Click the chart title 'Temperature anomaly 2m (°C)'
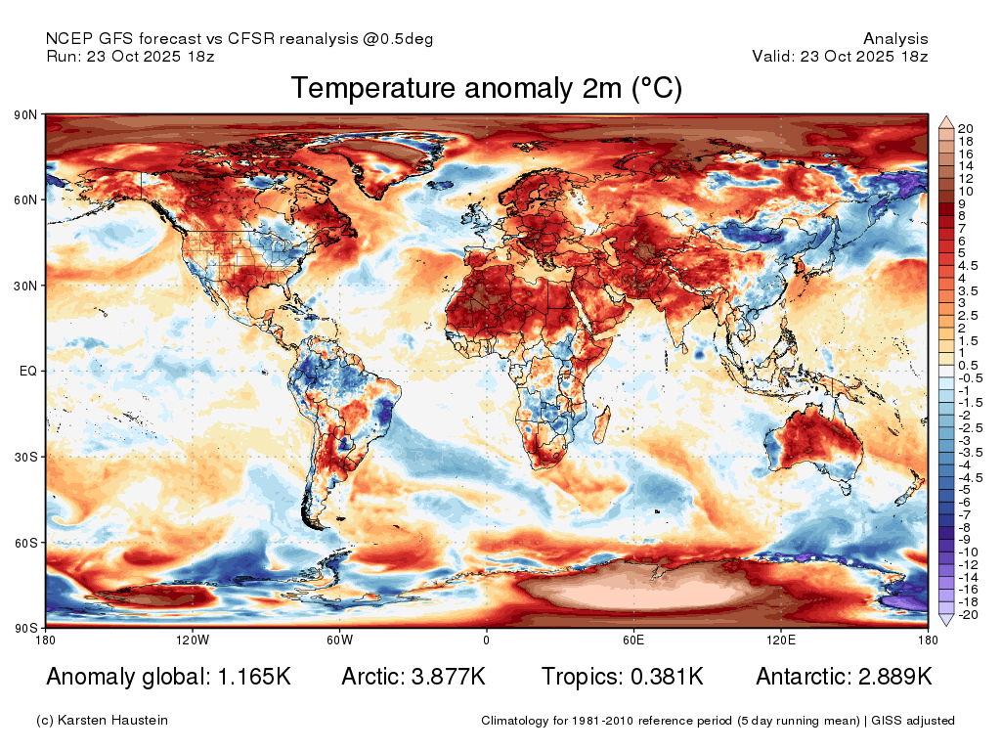pos(487,88)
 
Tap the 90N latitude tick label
pos(25,115)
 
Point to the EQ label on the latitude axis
pos(28,371)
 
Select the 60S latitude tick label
pos(25,543)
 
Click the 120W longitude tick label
pos(193,640)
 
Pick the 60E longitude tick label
pos(633,640)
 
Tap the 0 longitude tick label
pos(487,640)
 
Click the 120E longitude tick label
pos(780,640)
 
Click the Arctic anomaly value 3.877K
pos(448,677)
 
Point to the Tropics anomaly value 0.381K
pos(667,677)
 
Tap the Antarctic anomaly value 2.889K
pos(895,677)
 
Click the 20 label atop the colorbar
pos(965,129)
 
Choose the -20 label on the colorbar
pos(968,615)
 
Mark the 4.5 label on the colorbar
pos(968,266)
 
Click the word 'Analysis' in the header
pos(895,39)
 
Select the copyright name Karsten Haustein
pos(112,721)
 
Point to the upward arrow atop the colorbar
pos(946,122)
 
